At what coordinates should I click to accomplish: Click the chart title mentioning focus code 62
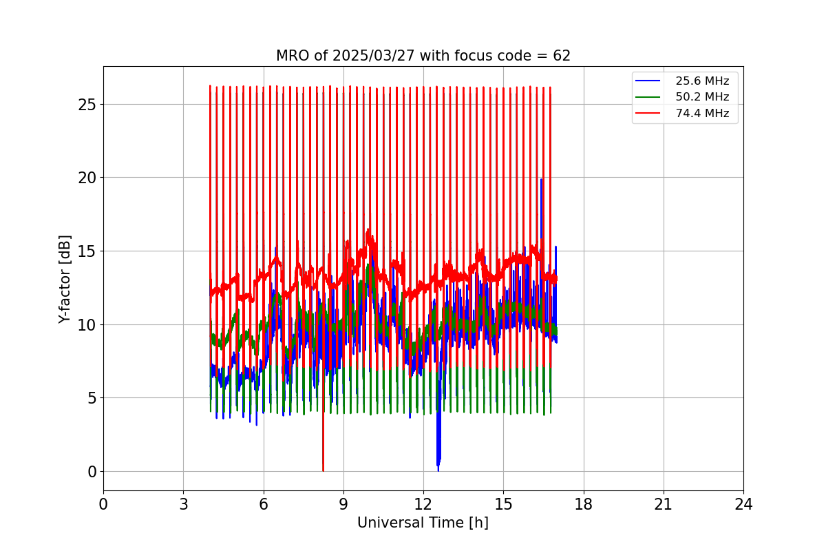(x=423, y=56)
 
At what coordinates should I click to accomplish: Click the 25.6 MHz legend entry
(x=701, y=81)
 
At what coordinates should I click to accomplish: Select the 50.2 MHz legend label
(x=701, y=97)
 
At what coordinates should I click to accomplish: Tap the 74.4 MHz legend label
(x=701, y=113)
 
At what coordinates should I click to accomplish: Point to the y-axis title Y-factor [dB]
(x=65, y=279)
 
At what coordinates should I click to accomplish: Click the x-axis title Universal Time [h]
(x=423, y=523)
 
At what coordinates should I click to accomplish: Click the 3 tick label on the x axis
(x=183, y=504)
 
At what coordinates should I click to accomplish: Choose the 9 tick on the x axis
(x=343, y=504)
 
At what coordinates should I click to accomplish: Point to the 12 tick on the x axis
(x=423, y=504)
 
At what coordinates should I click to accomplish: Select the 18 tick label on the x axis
(x=583, y=504)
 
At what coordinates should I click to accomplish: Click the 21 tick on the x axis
(x=663, y=504)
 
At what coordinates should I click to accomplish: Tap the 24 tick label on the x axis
(x=743, y=504)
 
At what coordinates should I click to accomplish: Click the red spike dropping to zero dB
(x=323, y=461)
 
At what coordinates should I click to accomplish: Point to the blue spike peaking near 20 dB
(x=541, y=183)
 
